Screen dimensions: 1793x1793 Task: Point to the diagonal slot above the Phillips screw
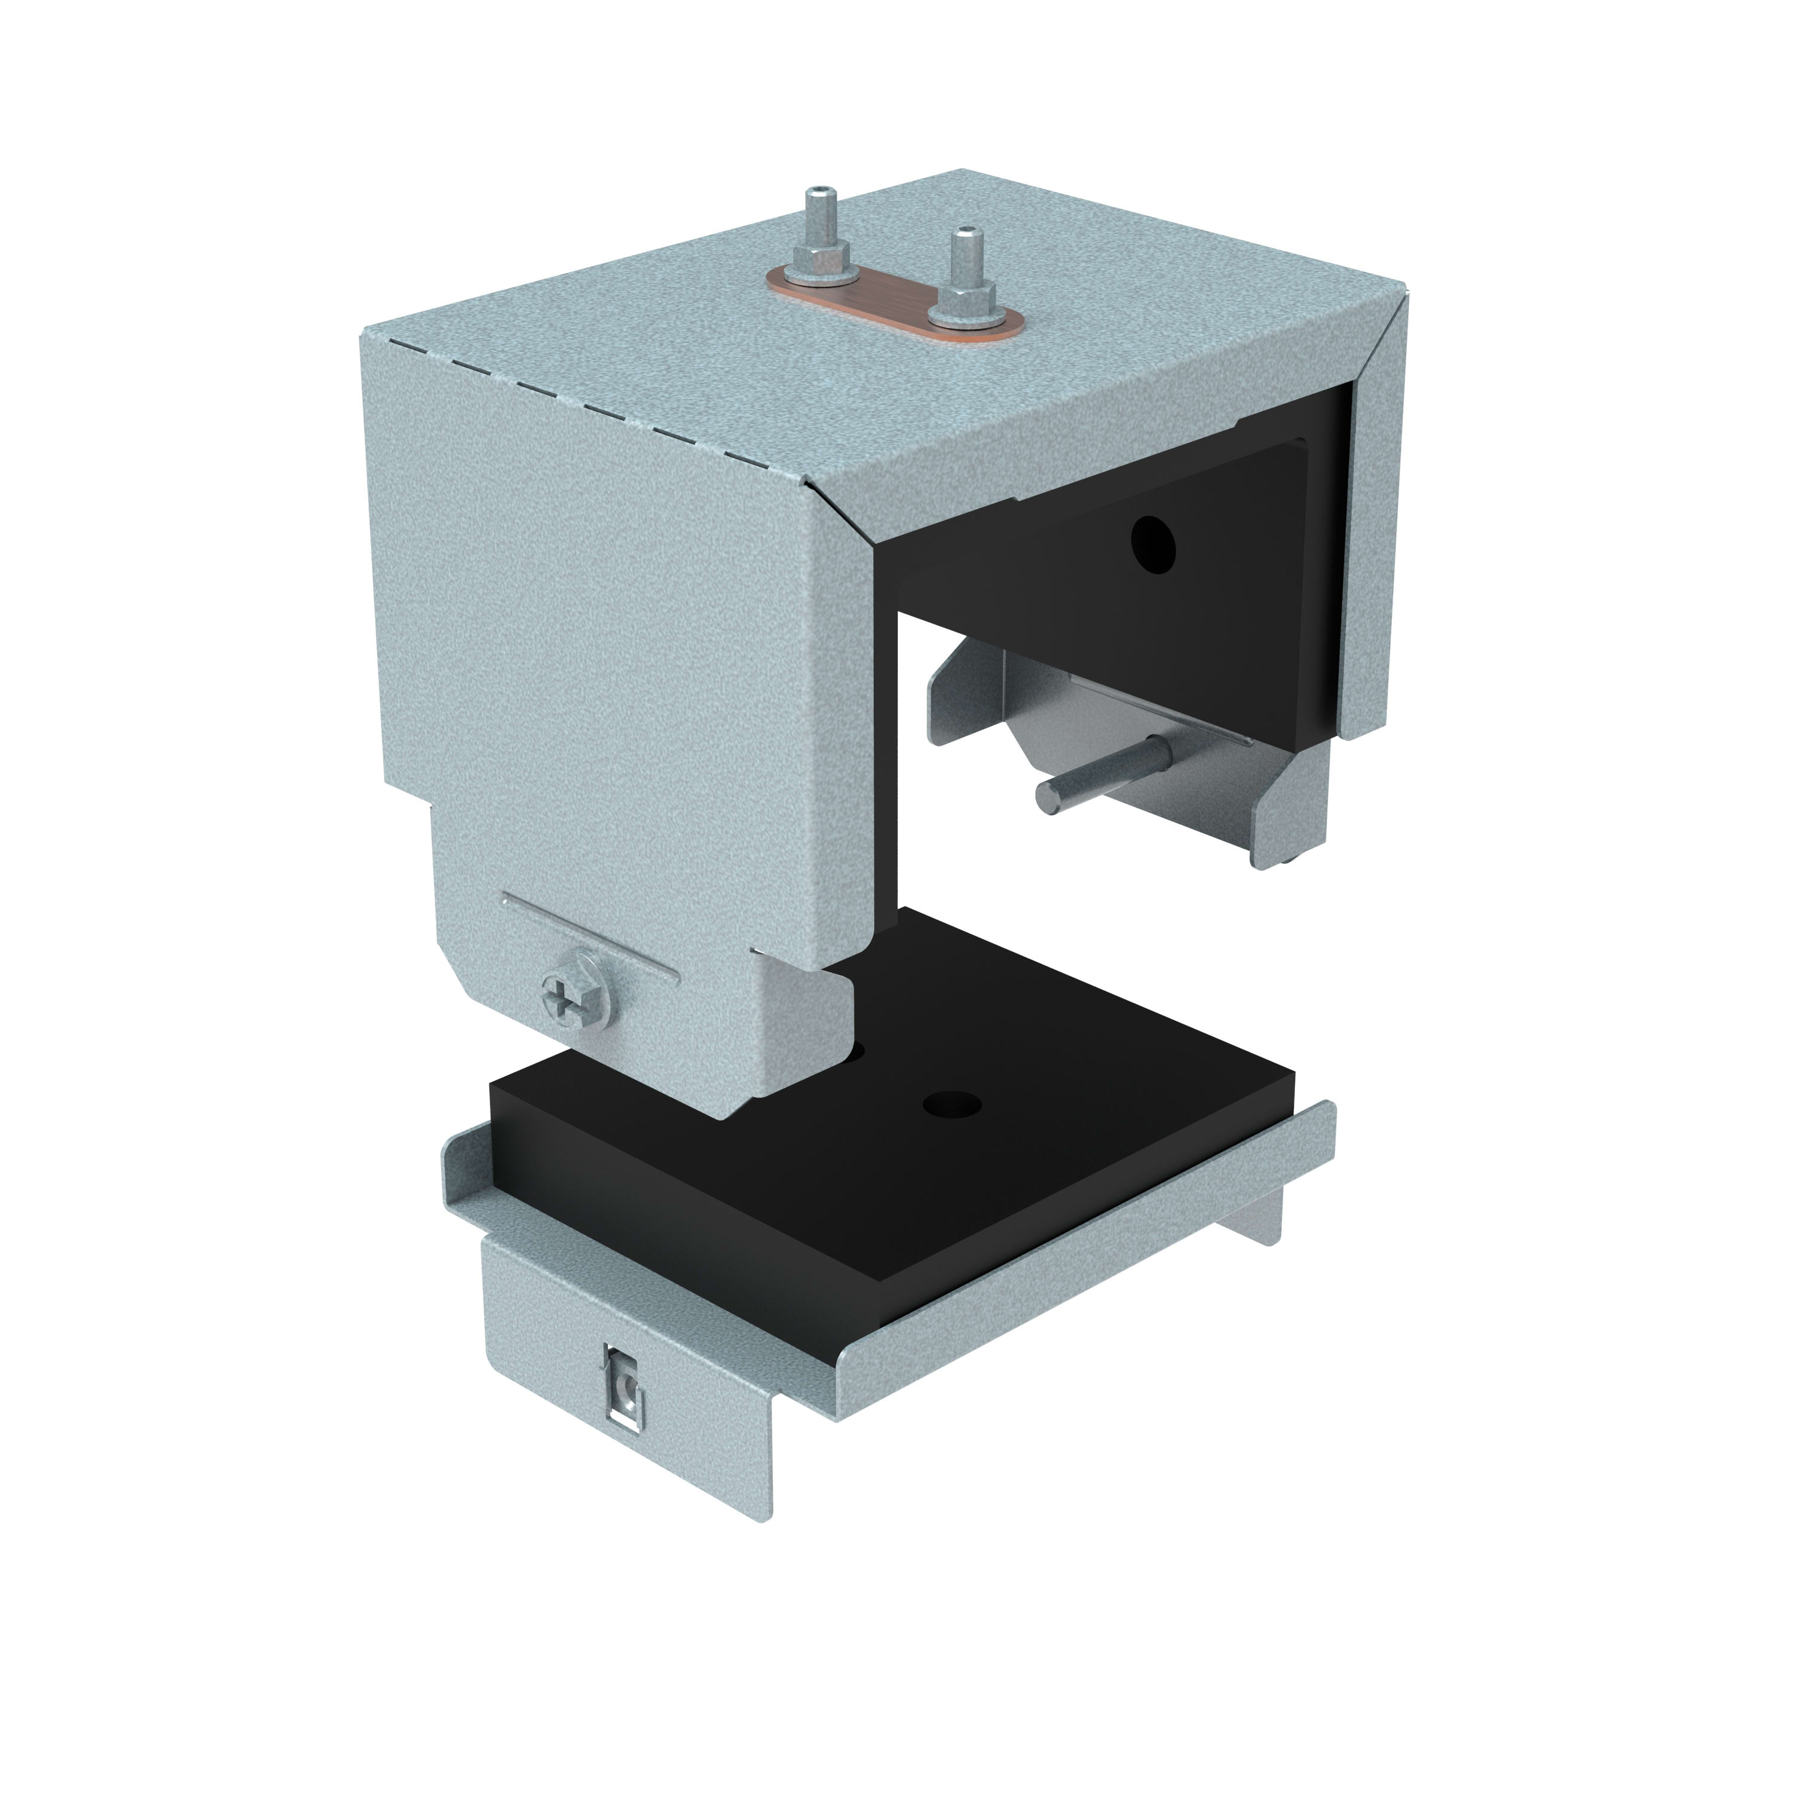click(589, 937)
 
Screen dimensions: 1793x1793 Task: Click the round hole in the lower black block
click(951, 1104)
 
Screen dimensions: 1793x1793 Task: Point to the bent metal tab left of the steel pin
click(965, 692)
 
